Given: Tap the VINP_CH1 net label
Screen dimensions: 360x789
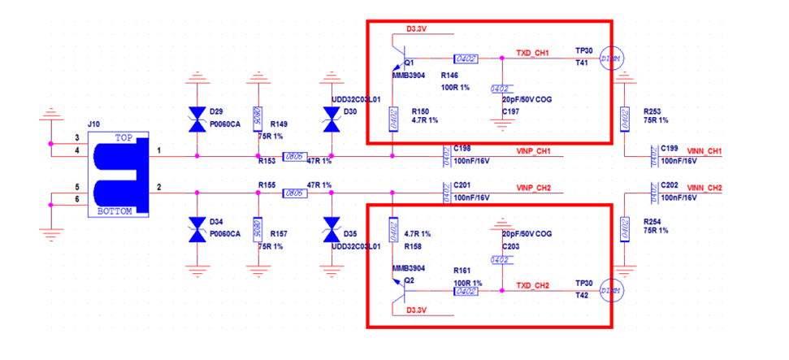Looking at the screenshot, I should (533, 151).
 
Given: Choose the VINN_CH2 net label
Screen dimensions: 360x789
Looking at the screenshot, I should (704, 189).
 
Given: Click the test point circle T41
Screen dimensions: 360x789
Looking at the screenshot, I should (610, 59).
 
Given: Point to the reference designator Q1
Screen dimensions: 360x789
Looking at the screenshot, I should (409, 62).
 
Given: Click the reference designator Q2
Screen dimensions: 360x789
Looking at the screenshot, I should (409, 279).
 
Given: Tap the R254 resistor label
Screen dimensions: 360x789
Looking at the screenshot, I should (652, 221).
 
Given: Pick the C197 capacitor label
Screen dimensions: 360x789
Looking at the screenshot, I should (512, 111).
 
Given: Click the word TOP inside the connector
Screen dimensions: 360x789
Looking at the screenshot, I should (124, 137).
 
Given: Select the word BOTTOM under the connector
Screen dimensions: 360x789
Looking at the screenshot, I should (119, 210).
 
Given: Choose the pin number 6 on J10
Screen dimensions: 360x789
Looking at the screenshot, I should (77, 199).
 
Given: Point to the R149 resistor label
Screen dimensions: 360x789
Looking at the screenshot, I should (280, 124).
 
